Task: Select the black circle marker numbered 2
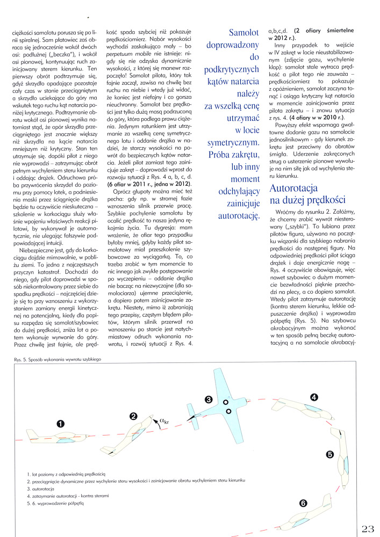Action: (x=134, y=416)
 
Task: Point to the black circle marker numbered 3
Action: (x=209, y=400)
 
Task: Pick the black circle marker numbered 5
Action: (x=330, y=454)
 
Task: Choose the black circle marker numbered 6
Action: (x=303, y=503)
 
